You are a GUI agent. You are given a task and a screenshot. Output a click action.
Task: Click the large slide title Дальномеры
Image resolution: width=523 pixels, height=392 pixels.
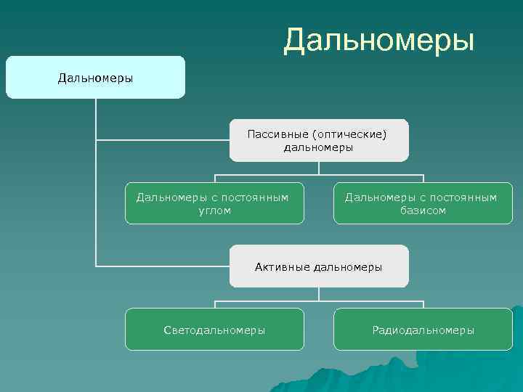click(x=378, y=41)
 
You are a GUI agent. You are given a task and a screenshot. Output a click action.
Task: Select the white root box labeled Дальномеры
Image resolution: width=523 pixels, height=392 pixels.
click(x=95, y=77)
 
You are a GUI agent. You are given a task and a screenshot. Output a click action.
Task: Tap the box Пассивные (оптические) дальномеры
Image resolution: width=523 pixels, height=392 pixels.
click(x=319, y=140)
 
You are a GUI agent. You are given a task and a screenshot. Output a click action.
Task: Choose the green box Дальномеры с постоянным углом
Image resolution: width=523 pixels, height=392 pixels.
click(x=214, y=203)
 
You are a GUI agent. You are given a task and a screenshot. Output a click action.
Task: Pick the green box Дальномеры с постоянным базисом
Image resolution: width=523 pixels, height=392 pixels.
click(x=423, y=203)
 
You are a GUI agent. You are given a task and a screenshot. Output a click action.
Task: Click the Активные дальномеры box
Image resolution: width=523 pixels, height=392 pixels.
click(x=319, y=266)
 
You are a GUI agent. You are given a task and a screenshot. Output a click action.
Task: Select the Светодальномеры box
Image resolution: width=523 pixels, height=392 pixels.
click(x=214, y=330)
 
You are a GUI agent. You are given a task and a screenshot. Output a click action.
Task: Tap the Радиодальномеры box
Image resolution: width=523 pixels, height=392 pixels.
click(x=423, y=330)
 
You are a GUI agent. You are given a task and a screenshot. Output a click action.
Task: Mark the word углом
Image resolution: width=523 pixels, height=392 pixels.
click(x=214, y=211)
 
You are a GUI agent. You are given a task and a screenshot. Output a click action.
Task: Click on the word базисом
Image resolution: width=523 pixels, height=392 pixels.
click(x=423, y=211)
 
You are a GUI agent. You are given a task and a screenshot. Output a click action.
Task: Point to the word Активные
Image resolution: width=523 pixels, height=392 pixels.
click(x=283, y=267)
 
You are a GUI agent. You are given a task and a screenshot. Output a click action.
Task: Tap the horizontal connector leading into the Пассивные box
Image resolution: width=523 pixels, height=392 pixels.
click(x=163, y=139)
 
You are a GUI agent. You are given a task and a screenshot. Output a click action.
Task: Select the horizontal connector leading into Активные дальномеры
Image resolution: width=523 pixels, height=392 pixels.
click(x=163, y=266)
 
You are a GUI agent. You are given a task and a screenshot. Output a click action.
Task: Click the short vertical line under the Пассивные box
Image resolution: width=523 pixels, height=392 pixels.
click(x=319, y=168)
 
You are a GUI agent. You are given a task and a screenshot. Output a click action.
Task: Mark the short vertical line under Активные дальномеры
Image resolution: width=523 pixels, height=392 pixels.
click(x=319, y=293)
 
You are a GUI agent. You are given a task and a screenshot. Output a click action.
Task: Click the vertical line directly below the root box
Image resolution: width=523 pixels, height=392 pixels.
click(x=96, y=116)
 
